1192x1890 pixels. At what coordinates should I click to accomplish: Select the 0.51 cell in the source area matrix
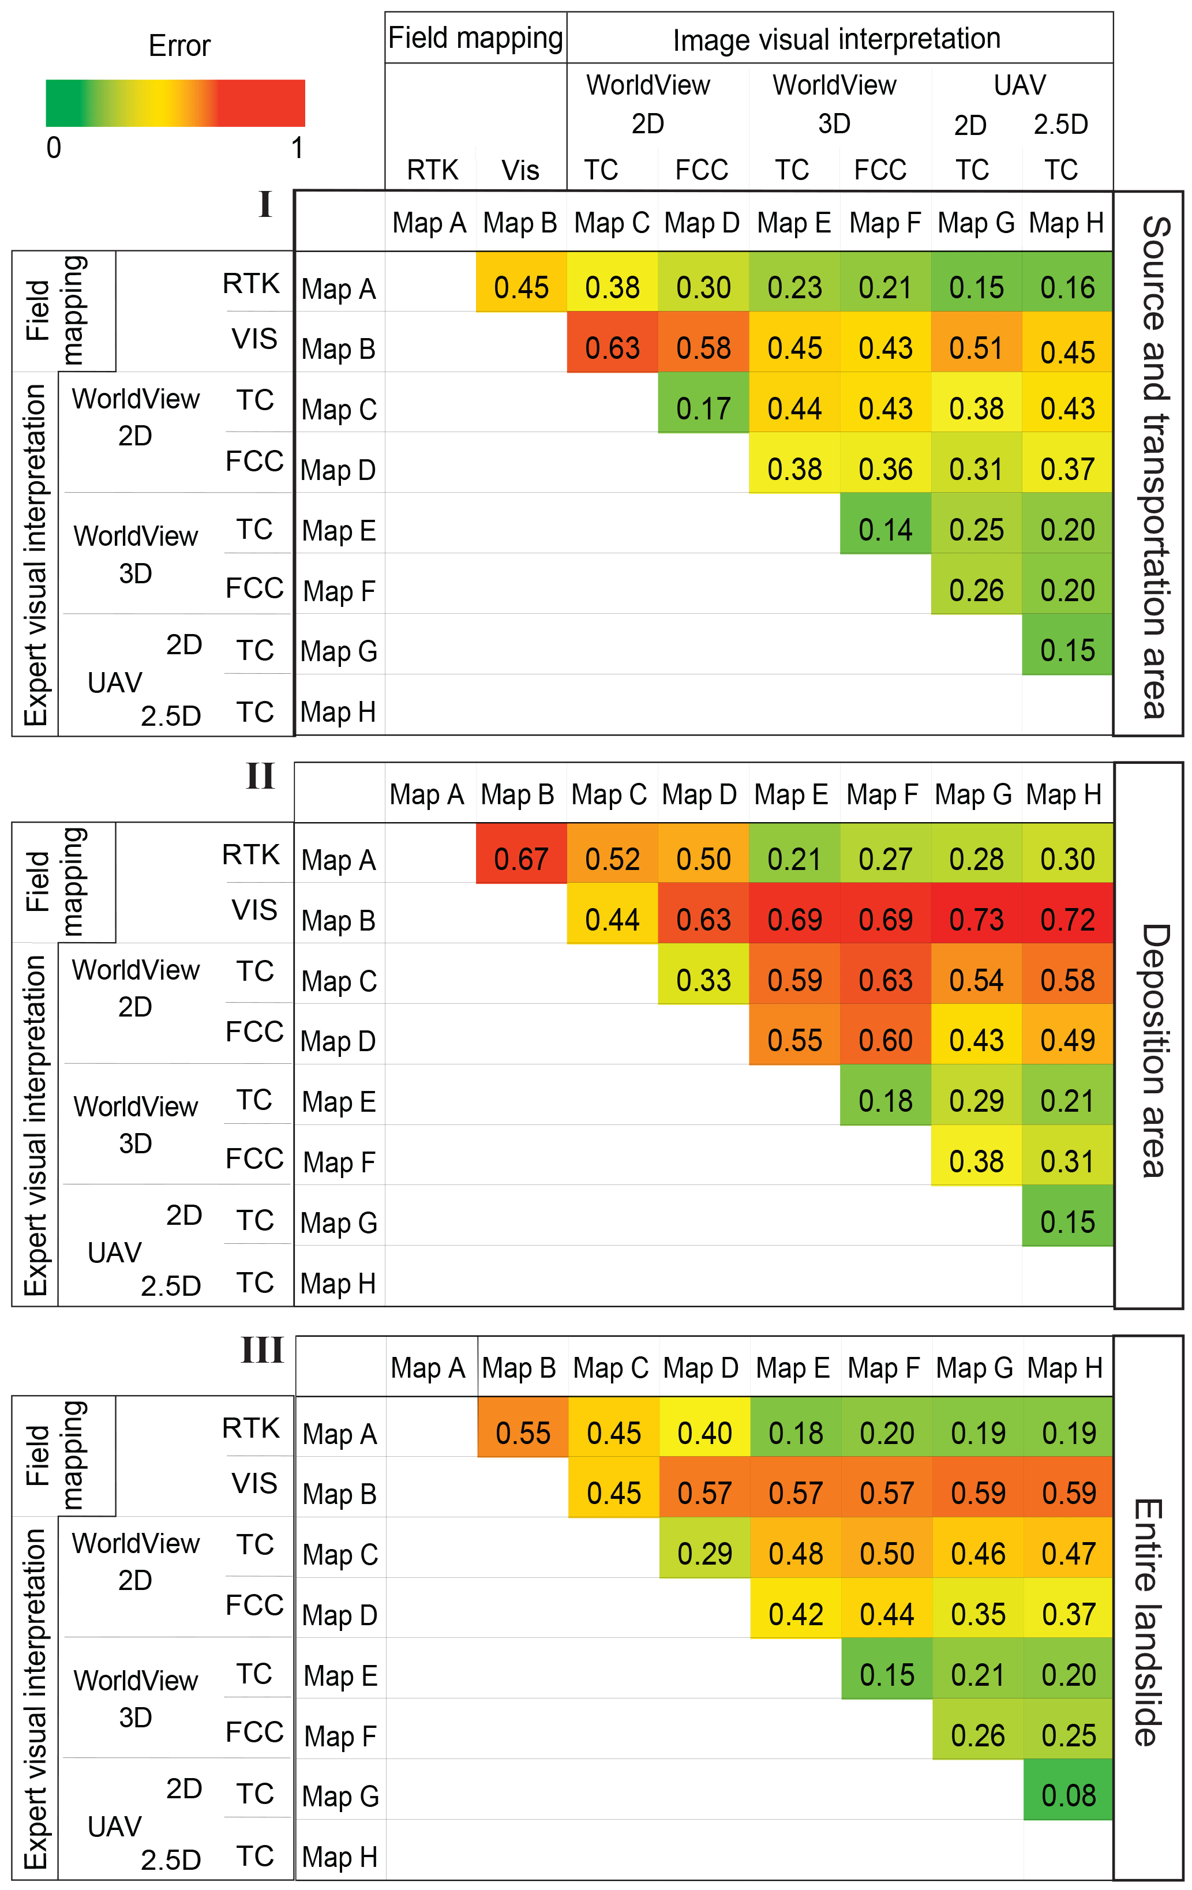pos(976,348)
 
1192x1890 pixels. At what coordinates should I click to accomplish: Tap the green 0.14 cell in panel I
pos(885,530)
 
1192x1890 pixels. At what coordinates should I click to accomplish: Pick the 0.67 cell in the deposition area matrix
pos(521,858)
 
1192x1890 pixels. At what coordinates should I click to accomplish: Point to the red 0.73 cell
pos(976,919)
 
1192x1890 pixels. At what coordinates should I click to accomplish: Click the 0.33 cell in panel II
pos(703,980)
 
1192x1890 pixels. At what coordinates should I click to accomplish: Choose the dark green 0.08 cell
pos(1068,1795)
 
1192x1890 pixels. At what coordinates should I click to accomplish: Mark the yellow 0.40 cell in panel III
pos(704,1433)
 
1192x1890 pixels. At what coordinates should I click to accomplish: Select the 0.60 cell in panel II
pos(885,1040)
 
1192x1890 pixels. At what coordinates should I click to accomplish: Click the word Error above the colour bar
pos(179,46)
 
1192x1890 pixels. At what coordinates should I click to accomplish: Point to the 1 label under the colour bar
pos(297,148)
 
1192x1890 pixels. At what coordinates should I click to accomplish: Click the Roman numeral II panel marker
pos(260,777)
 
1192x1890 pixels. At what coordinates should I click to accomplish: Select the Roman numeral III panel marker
pos(261,1350)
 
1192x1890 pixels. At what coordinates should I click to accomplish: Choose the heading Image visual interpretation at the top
pos(837,39)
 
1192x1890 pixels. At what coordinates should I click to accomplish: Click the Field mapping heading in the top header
pos(475,37)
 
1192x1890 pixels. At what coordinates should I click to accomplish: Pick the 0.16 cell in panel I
pos(1067,287)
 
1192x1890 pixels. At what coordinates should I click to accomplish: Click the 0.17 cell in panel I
pos(703,408)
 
